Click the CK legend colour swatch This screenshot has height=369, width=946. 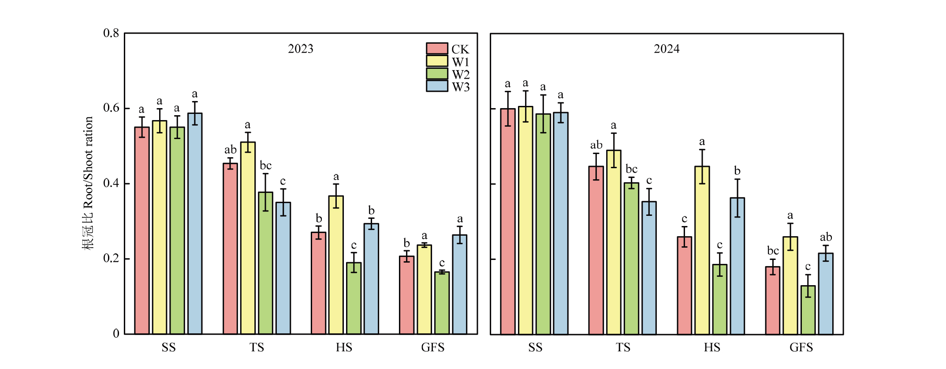[437, 49]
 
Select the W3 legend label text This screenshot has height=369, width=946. [461, 87]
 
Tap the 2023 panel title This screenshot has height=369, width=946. [301, 49]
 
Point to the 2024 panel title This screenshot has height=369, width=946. [667, 49]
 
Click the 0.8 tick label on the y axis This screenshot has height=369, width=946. [111, 33]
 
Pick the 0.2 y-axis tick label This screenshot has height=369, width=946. [111, 258]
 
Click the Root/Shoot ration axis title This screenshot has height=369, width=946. [88, 183]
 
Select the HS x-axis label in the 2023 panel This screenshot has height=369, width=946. [344, 348]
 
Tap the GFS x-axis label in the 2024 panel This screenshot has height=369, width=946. [801, 348]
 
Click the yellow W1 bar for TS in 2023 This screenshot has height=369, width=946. [248, 238]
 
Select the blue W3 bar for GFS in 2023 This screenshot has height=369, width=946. [459, 285]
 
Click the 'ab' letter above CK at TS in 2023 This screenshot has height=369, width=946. [230, 150]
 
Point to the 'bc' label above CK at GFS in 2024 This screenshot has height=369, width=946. [773, 251]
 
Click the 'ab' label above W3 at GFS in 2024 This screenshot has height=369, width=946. [826, 237]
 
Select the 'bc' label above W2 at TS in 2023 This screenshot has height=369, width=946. [265, 166]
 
